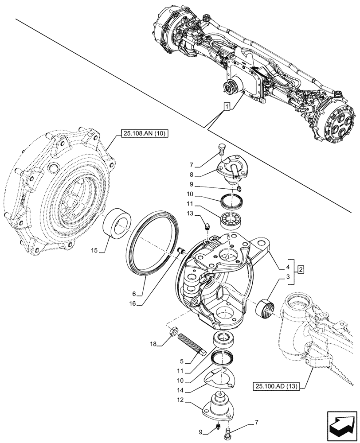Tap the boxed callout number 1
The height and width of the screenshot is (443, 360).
pos(227,107)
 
